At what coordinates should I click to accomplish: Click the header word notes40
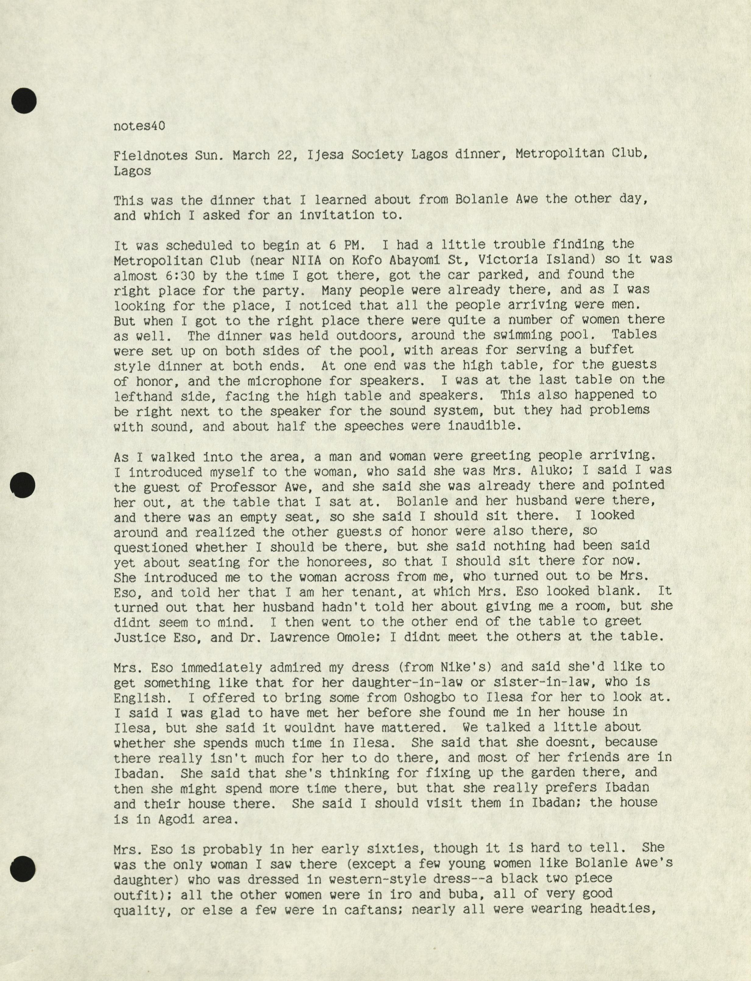tap(139, 126)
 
